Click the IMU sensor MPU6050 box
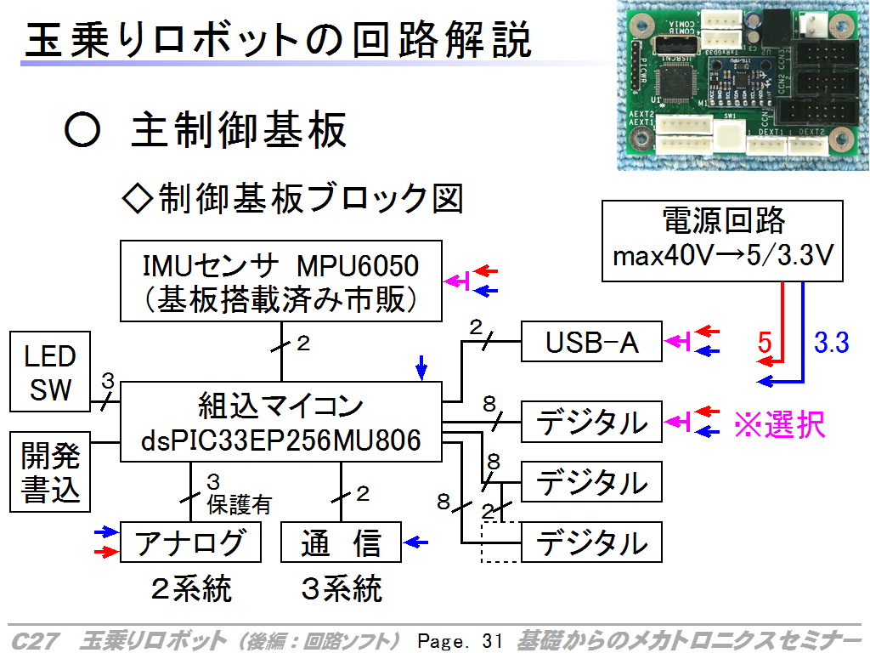tap(281, 281)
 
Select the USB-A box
tap(591, 343)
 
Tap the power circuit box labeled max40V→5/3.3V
tap(722, 241)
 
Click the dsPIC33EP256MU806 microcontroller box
tap(281, 422)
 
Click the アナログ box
tap(189, 542)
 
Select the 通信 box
tap(341, 542)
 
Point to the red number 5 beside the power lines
tap(765, 344)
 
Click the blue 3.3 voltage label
tap(831, 344)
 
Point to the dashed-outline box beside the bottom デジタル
tap(499, 542)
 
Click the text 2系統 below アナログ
tap(190, 588)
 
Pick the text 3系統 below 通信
tap(342, 588)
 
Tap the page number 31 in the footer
tap(492, 640)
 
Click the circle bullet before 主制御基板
tap(82, 131)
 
